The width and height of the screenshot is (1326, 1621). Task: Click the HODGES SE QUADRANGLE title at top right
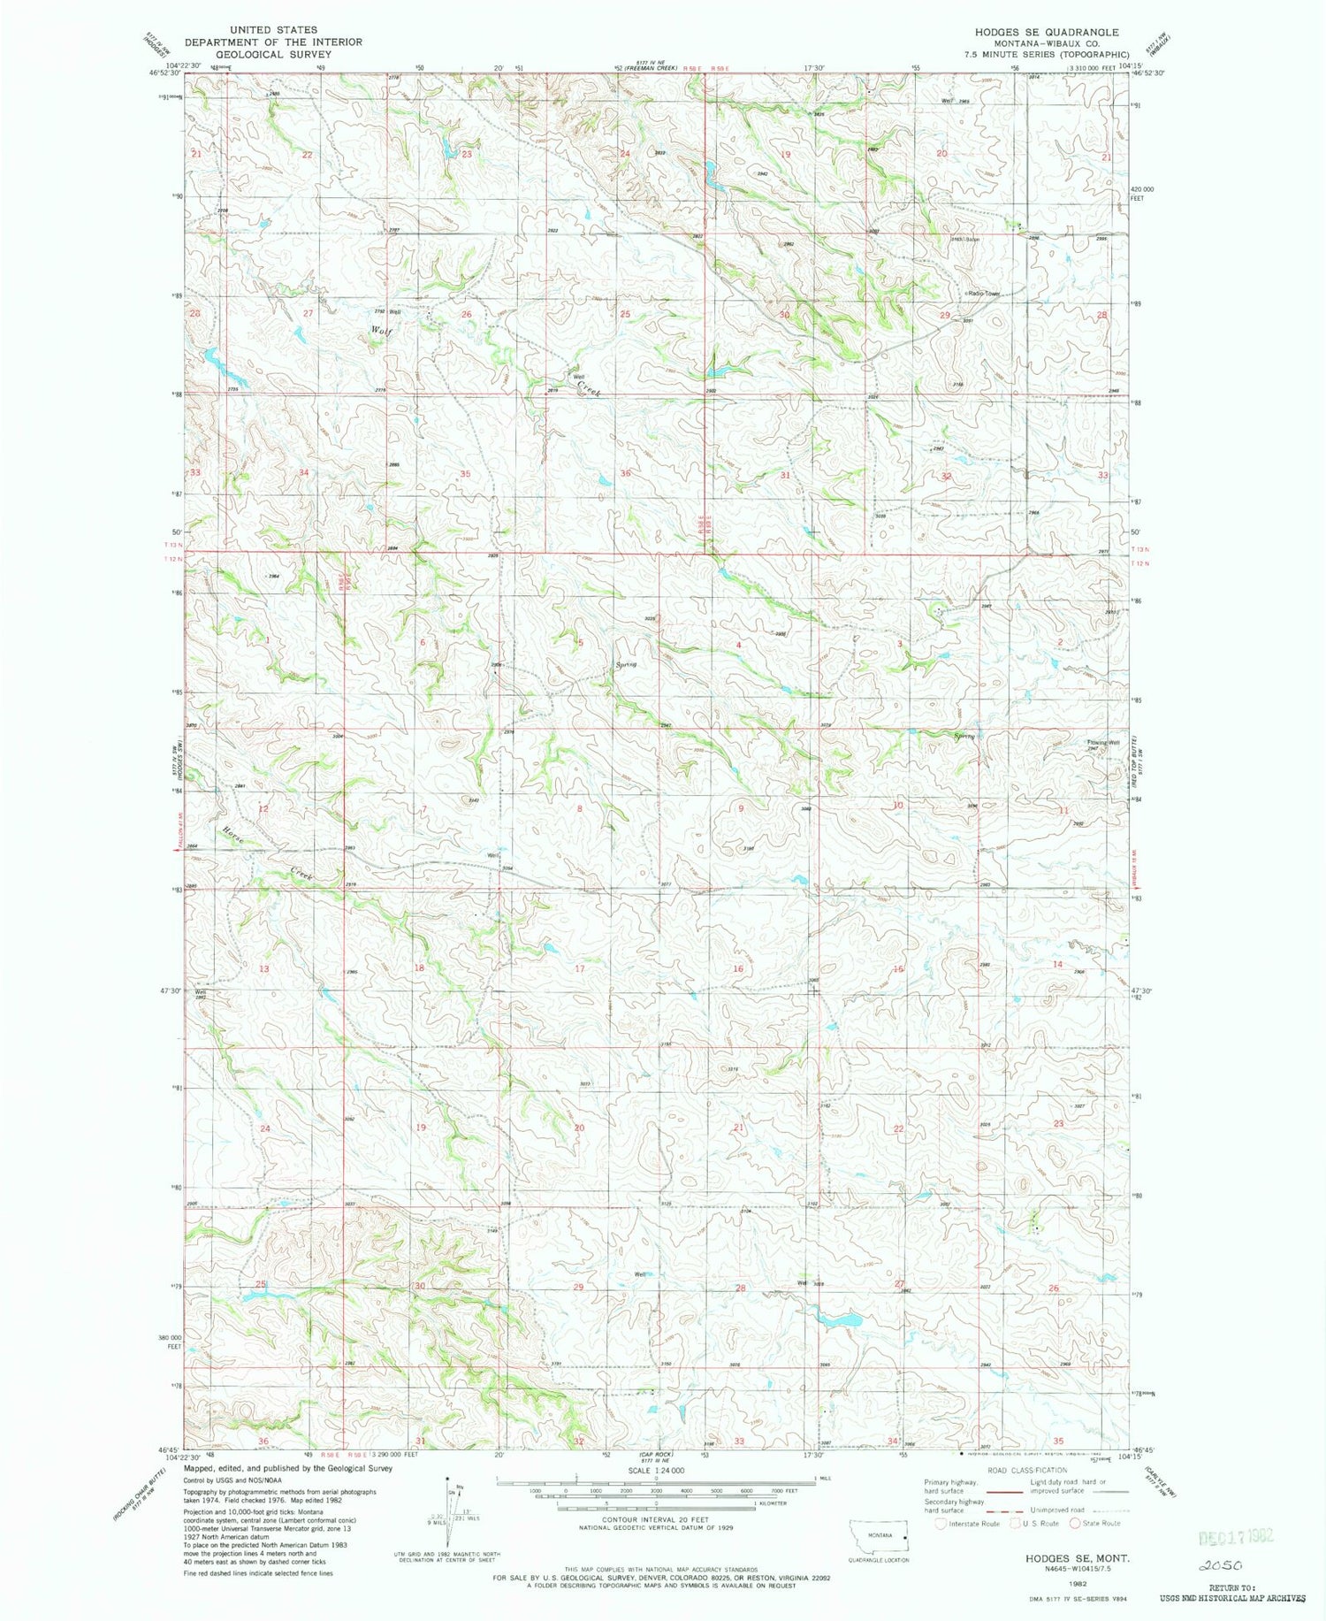(1047, 32)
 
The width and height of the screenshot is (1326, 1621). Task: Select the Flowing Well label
(1104, 742)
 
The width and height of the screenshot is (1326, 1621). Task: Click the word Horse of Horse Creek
(232, 834)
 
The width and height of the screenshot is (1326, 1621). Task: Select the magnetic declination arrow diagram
(450, 1512)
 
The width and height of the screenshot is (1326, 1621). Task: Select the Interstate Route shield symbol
(941, 1523)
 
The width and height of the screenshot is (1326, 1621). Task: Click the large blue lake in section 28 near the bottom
(839, 1320)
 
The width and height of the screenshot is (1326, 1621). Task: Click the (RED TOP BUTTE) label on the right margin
(1141, 761)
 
